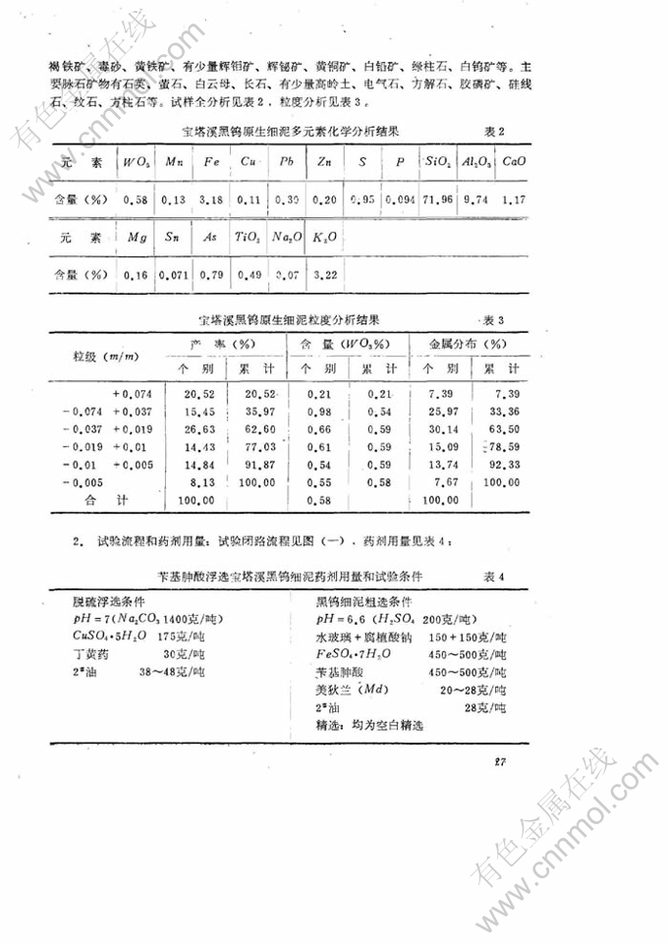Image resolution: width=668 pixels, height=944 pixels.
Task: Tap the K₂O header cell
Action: [x=325, y=238]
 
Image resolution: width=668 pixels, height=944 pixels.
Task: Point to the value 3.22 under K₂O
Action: [x=325, y=276]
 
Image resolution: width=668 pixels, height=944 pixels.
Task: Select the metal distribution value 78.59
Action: [x=501, y=446]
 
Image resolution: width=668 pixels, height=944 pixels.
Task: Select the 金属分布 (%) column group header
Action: [x=466, y=345]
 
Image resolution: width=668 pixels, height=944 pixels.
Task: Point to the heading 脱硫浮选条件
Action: [x=89, y=601]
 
